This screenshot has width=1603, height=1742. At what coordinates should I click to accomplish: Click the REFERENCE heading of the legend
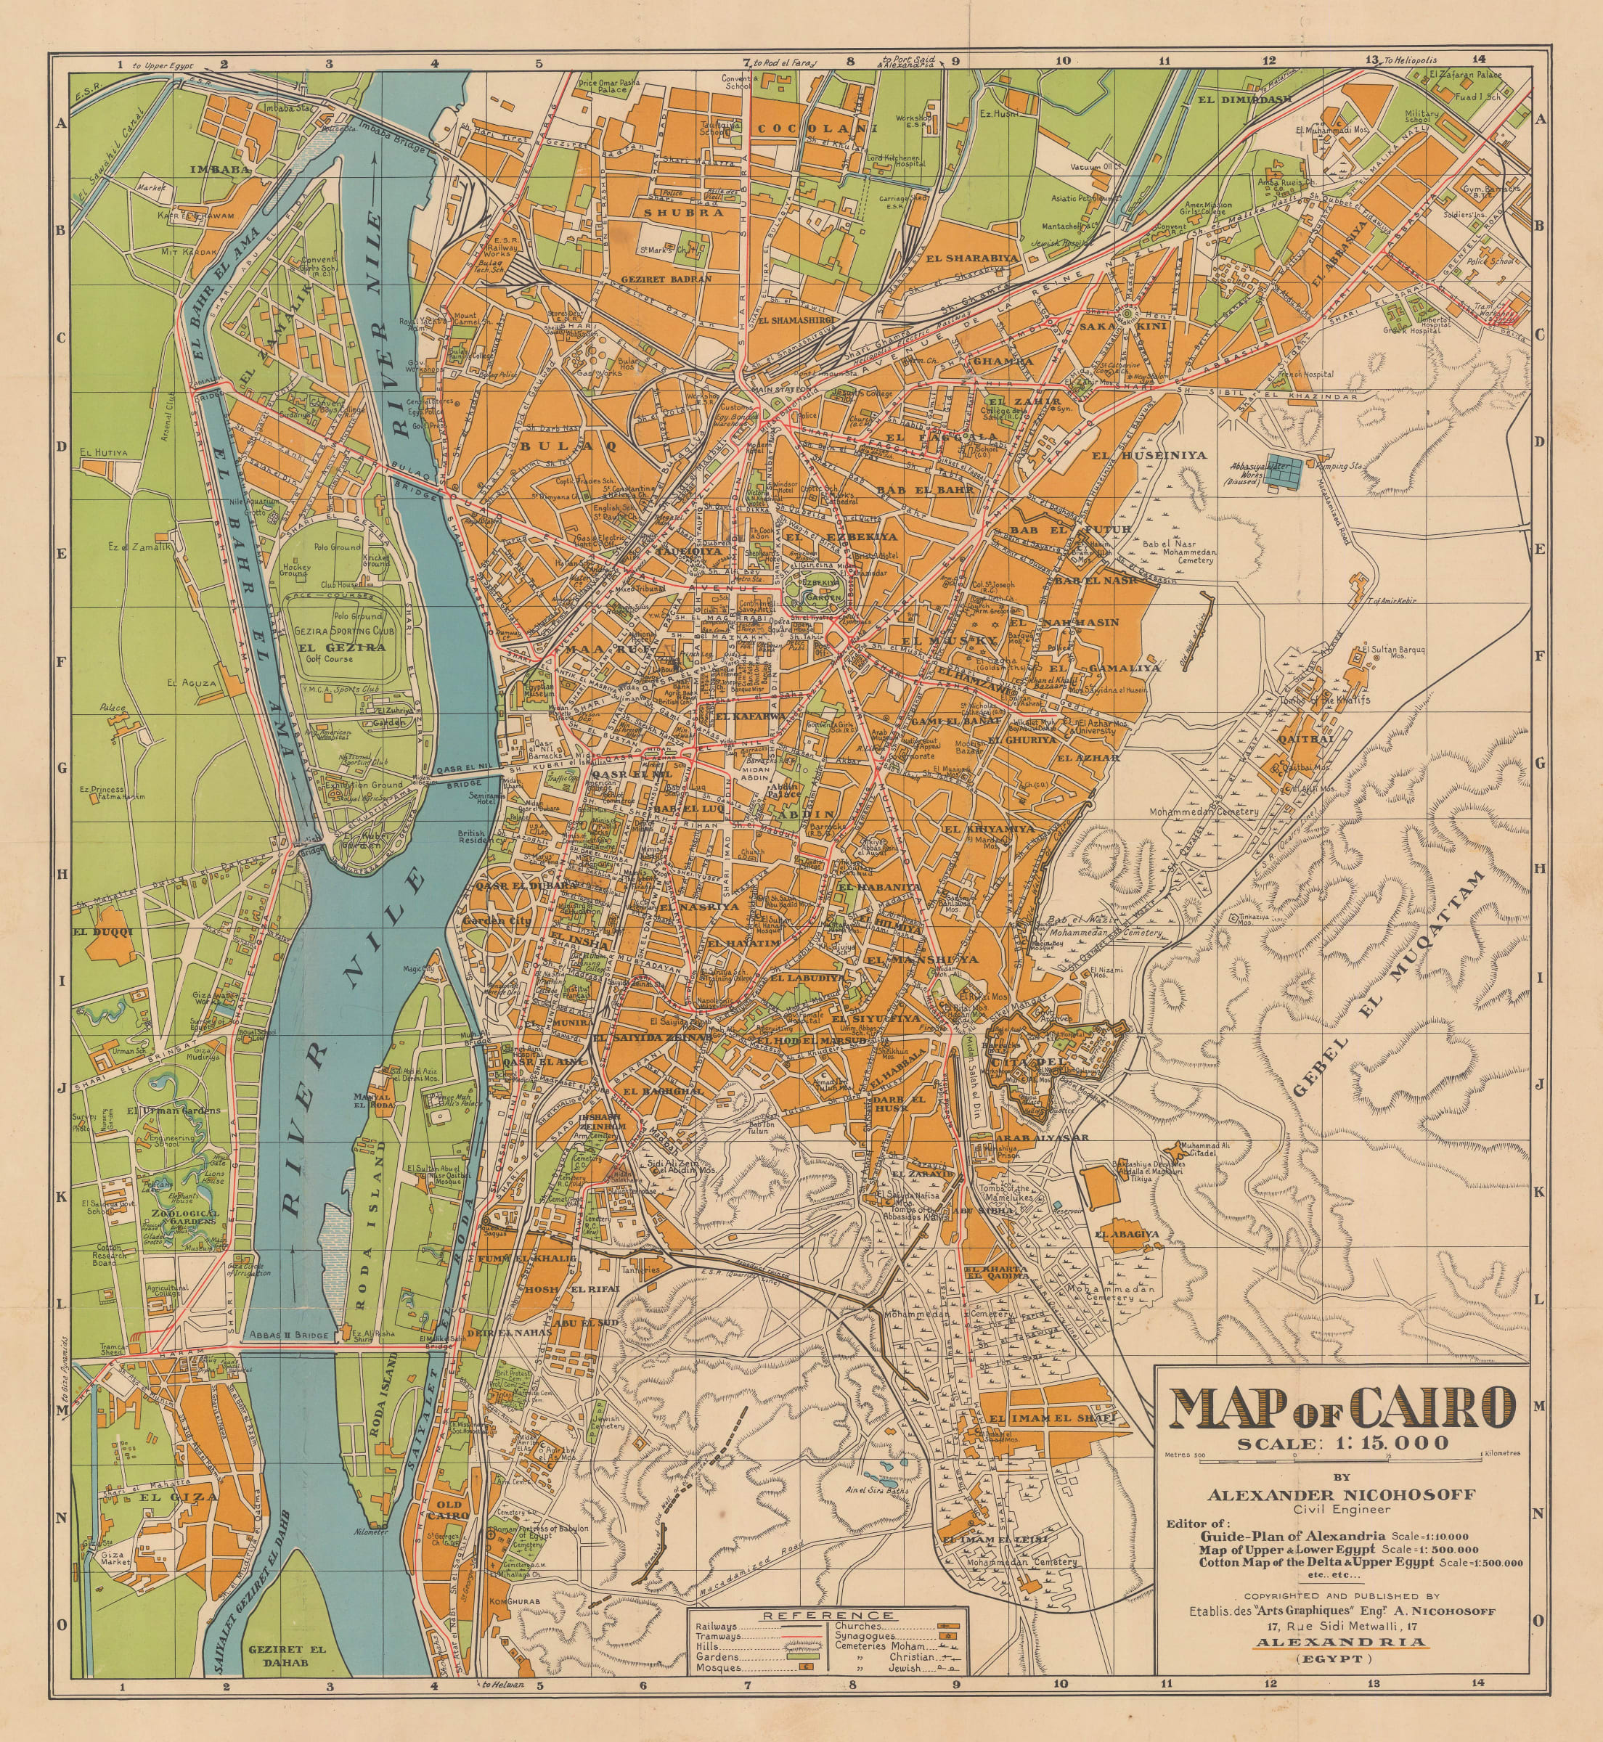tap(828, 1616)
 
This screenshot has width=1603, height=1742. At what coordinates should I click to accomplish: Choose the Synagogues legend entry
tap(865, 1636)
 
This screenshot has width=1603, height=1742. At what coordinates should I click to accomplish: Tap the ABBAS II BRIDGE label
tap(289, 1336)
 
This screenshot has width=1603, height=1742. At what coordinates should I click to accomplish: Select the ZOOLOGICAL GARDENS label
tap(184, 1217)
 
